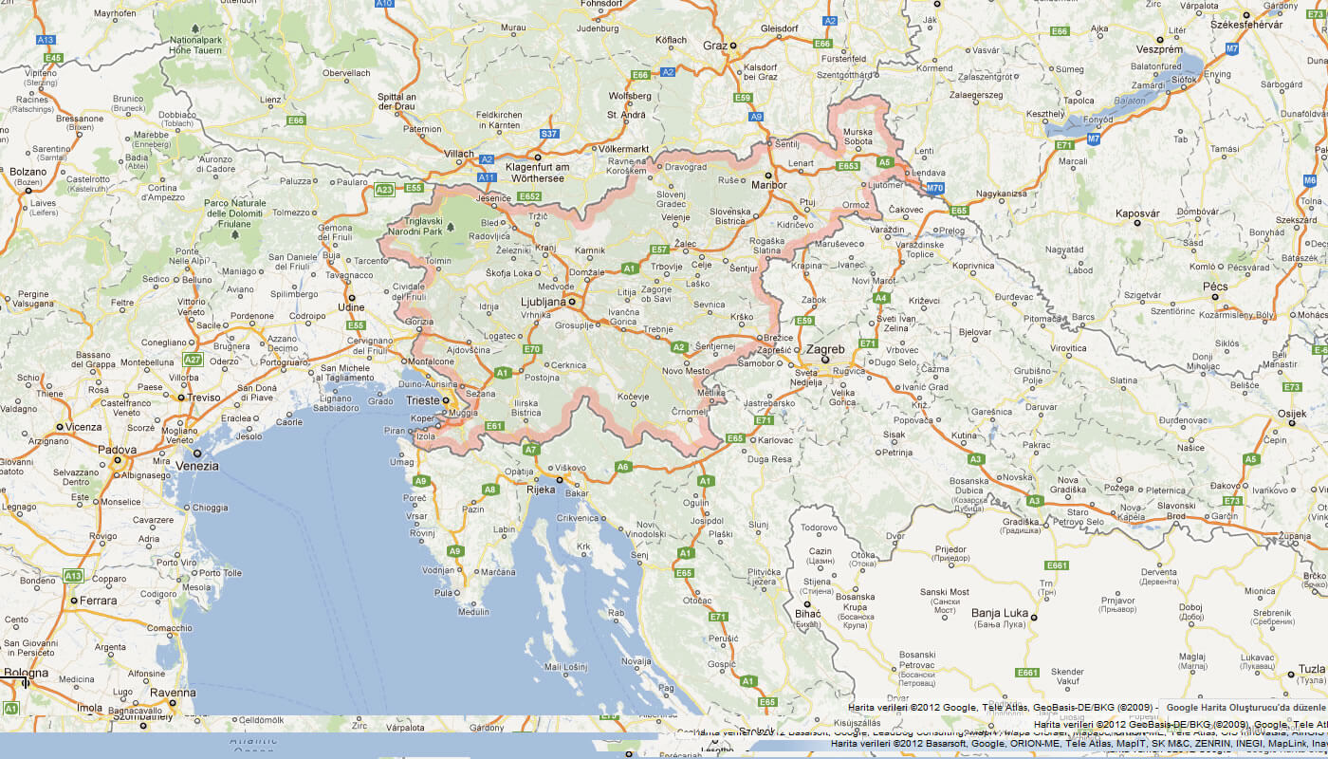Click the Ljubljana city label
(543, 302)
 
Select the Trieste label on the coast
(423, 400)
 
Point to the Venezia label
(197, 466)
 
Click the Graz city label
(714, 45)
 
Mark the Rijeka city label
(541, 491)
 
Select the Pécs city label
(1215, 287)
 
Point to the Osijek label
(1291, 413)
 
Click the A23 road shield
(384, 190)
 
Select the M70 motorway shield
(935, 189)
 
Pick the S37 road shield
(548, 134)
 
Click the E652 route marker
(528, 196)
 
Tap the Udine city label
(351, 307)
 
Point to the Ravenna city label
(172, 693)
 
